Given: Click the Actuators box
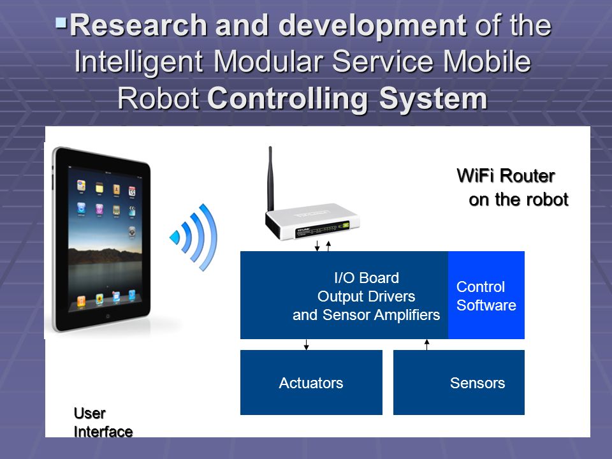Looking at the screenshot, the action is tap(311, 382).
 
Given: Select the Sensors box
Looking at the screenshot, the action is tap(458, 382).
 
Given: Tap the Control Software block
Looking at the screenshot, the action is tap(486, 295).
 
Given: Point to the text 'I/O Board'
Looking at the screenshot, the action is tap(367, 278).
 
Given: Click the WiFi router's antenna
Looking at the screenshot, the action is tap(270, 180).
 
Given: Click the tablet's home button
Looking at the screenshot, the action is tap(108, 316).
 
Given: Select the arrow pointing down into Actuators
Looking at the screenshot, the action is tap(307, 345).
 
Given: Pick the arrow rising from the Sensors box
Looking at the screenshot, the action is tap(426, 345).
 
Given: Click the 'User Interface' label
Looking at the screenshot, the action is tap(103, 422).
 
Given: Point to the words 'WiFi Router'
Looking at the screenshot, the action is tap(506, 176).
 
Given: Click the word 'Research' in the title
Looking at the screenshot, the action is tap(138, 25).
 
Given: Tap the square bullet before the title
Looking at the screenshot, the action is tap(61, 23).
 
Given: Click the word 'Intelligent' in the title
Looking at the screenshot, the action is tap(138, 62).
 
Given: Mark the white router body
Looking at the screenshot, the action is tap(312, 221).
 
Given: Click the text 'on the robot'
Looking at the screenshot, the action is tap(518, 200).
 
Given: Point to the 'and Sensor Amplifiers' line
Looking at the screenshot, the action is tap(366, 314).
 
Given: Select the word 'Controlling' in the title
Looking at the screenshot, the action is tap(288, 98).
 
